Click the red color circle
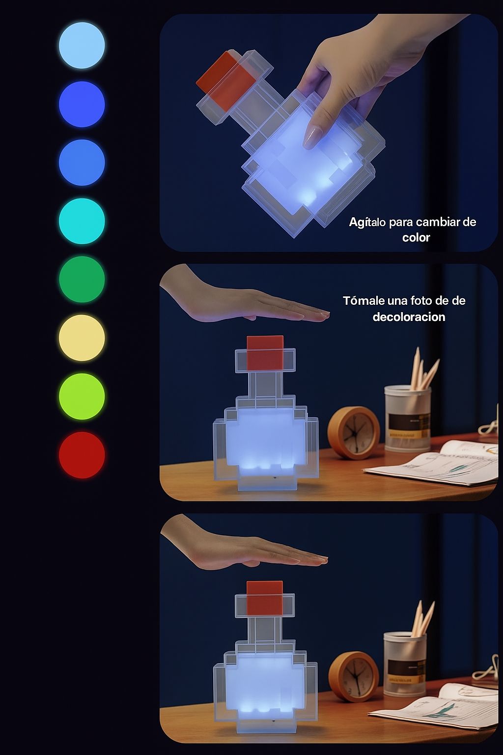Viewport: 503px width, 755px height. tap(82, 455)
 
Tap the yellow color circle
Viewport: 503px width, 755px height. tap(82, 338)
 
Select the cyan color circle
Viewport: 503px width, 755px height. tap(82, 221)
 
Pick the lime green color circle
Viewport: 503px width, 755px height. tap(82, 396)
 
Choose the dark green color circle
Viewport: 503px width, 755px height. tap(82, 279)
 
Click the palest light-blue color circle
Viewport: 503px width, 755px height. tap(82, 45)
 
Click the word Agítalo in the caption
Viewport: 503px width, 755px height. tap(367, 222)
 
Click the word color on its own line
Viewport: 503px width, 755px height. tap(416, 238)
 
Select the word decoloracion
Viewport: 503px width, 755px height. tap(409, 317)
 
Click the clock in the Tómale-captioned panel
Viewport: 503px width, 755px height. tap(354, 432)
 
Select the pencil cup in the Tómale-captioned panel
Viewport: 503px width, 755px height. tap(407, 418)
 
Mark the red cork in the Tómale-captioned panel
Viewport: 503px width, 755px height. tap(265, 352)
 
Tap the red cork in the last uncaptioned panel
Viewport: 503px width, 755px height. tap(264, 597)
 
